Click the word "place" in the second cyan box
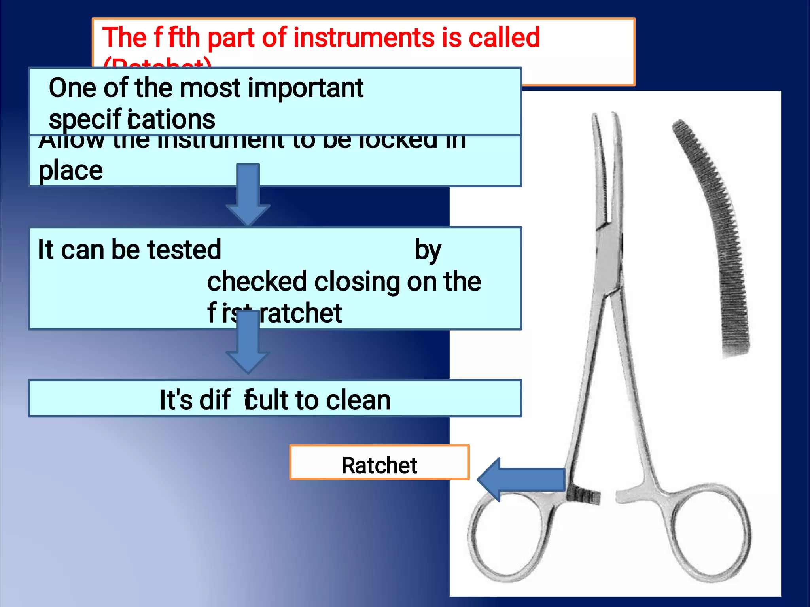pyautogui.click(x=71, y=171)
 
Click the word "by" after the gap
pyautogui.click(x=428, y=251)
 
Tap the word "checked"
pyautogui.click(x=257, y=282)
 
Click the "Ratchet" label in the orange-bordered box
pyautogui.click(x=379, y=465)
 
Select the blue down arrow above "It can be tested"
pyautogui.click(x=248, y=194)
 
